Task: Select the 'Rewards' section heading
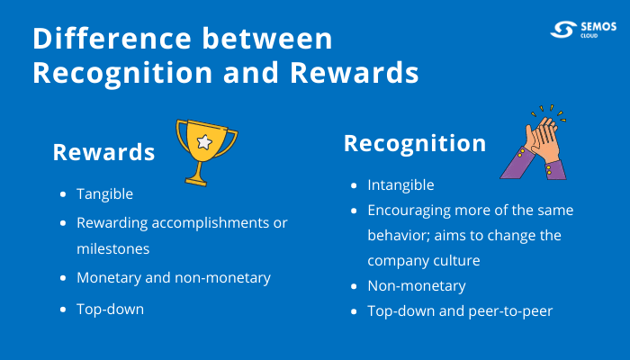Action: [103, 152]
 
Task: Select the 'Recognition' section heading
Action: [415, 143]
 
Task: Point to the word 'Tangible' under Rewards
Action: [105, 193]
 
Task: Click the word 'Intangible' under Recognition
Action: [400, 184]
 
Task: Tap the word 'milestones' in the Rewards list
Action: [112, 247]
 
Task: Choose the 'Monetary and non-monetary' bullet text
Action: [173, 278]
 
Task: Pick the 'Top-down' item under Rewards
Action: [110, 309]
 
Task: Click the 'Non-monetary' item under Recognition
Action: [416, 285]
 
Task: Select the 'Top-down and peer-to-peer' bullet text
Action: [460, 310]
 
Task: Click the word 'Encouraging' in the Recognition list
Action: [409, 210]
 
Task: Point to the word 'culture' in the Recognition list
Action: [455, 260]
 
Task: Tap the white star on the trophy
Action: [205, 141]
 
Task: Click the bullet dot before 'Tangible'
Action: [63, 194]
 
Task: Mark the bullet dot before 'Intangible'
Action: [354, 185]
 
